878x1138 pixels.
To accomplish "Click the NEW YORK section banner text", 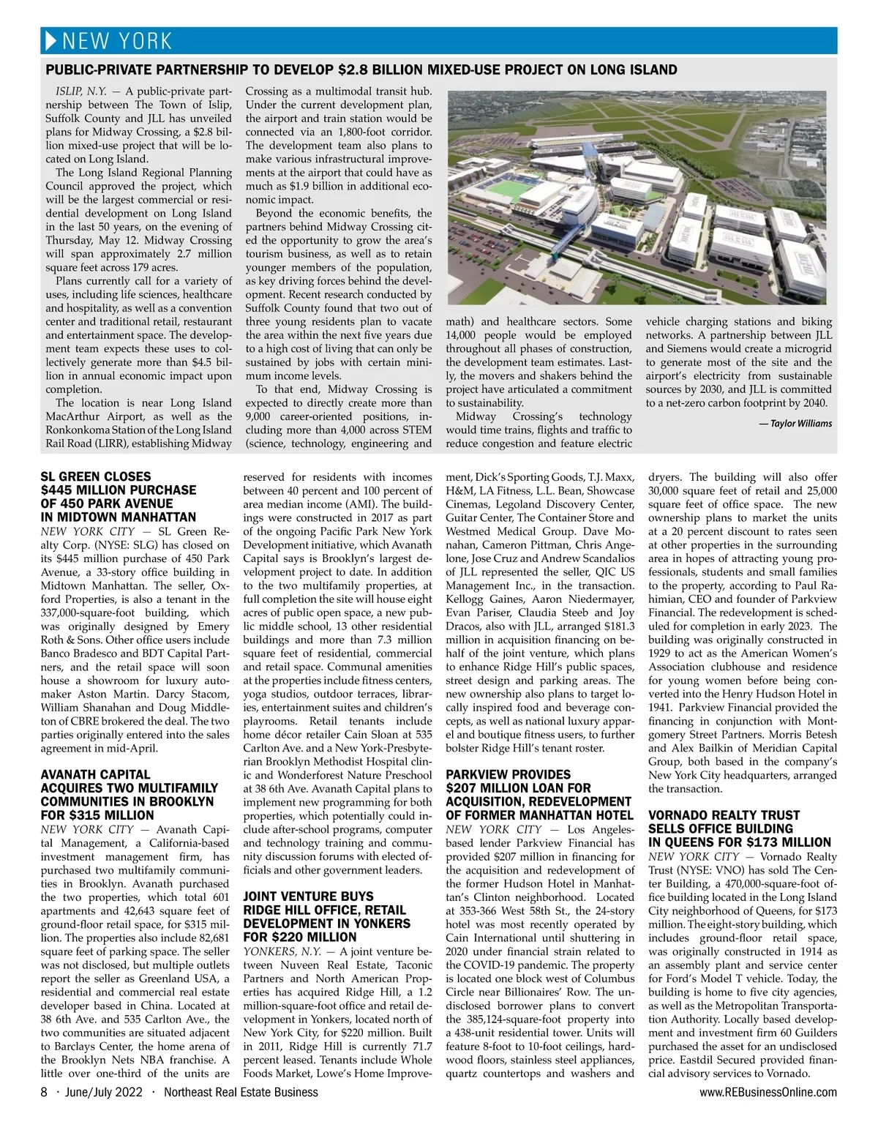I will point(117,41).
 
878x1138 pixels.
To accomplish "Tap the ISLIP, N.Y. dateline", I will point(81,91).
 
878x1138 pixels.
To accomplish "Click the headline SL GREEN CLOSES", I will point(96,476).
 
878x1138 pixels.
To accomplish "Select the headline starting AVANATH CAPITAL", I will point(95,774).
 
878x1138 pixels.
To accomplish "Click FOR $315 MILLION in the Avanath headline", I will point(97,815).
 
